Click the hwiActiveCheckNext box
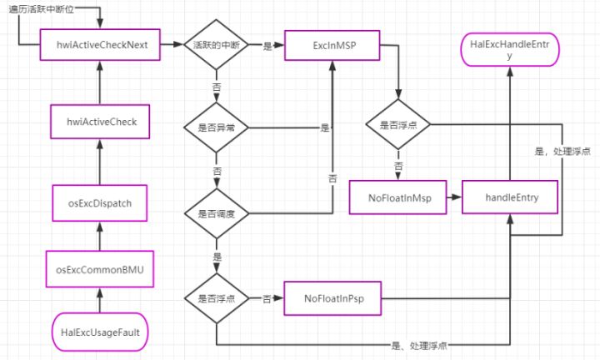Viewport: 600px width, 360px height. (x=100, y=45)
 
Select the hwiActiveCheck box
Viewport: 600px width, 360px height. (x=100, y=122)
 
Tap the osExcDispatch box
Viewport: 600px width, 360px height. (x=100, y=203)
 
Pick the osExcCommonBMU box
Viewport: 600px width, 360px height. (x=100, y=269)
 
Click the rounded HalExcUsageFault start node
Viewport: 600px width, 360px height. (x=100, y=332)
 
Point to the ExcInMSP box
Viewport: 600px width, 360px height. (x=332, y=46)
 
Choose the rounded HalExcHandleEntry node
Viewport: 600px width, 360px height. (x=510, y=49)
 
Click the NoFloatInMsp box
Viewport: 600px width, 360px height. (x=397, y=197)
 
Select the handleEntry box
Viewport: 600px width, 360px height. (x=510, y=197)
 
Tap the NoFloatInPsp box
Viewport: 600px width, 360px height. (x=332, y=298)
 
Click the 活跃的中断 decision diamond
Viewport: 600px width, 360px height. (x=216, y=45)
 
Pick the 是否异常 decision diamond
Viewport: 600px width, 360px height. (x=216, y=127)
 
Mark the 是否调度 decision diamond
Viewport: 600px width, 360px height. (x=217, y=213)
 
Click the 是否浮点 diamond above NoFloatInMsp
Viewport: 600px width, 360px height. (x=398, y=124)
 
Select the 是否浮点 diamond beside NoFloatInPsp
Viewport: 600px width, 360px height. (x=217, y=298)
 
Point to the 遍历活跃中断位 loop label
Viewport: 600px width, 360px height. (x=42, y=9)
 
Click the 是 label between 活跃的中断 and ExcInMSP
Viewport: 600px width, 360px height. (x=267, y=46)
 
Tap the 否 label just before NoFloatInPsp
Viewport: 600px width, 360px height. (x=267, y=299)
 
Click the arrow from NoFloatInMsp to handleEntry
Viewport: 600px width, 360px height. (x=454, y=197)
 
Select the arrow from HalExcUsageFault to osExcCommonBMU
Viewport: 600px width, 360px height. (x=100, y=300)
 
